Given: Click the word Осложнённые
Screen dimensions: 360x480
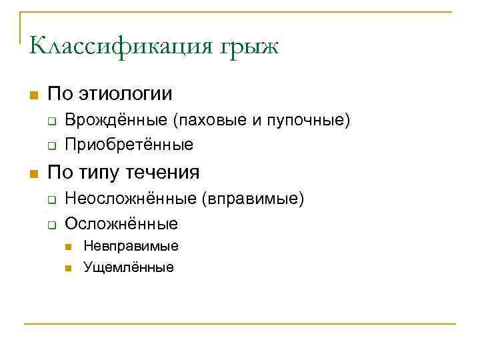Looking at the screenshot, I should coord(121,223).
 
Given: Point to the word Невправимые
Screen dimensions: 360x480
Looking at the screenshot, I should coord(131,246).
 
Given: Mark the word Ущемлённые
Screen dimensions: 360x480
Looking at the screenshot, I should coord(128,267).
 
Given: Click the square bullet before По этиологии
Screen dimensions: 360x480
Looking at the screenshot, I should coord(35,94).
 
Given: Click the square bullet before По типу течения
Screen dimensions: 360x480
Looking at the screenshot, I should coord(35,173).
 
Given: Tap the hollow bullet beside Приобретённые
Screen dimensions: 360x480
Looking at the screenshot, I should coord(50,145).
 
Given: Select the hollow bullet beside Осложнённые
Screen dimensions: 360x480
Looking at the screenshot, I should coord(50,223).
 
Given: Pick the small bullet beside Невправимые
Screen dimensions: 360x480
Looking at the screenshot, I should coord(69,247).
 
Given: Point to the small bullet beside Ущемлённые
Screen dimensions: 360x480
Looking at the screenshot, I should coord(69,268).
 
